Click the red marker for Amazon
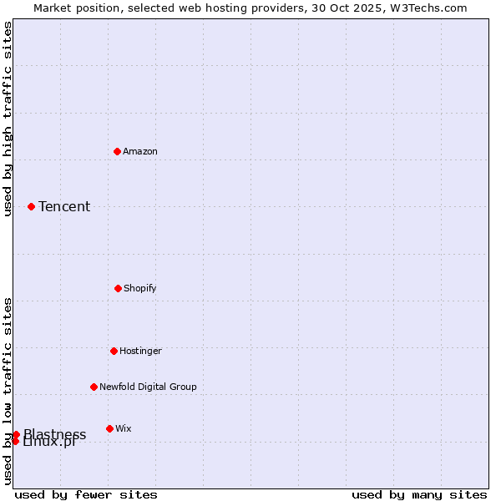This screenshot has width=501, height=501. click(x=118, y=151)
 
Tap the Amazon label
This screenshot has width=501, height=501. click(x=140, y=151)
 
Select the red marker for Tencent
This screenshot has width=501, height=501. click(x=31, y=206)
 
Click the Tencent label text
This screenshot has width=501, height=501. click(x=64, y=206)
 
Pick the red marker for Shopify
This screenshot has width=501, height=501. click(x=118, y=288)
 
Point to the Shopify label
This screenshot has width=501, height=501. click(x=140, y=288)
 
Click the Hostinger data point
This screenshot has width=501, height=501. click(x=114, y=351)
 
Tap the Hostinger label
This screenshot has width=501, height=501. click(x=140, y=351)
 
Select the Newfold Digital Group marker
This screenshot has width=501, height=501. click(x=94, y=387)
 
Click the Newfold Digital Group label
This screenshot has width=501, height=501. click(x=148, y=387)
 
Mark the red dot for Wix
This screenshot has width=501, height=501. click(x=109, y=428)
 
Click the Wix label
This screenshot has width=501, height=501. click(x=124, y=428)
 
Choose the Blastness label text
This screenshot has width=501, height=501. click(x=55, y=433)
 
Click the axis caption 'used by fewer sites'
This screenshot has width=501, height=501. click(x=86, y=494)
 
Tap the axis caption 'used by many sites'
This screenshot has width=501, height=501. click(x=419, y=494)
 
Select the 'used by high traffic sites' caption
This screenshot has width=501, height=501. click(x=8, y=119)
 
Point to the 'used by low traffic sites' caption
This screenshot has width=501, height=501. click(x=8, y=390)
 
